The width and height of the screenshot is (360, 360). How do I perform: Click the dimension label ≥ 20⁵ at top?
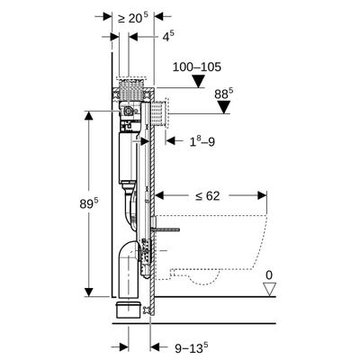[133, 18]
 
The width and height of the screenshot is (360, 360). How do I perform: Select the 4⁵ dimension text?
[168, 36]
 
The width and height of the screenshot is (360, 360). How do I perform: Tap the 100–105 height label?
[197, 67]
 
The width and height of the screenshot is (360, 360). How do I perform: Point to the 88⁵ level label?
[224, 94]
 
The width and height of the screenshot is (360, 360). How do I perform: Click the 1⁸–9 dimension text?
[202, 141]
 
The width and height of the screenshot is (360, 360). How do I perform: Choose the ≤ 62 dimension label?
[208, 196]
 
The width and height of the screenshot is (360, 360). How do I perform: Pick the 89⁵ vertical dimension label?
[89, 203]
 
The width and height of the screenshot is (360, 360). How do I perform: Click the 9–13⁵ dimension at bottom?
[192, 347]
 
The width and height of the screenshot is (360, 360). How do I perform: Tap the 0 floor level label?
[269, 275]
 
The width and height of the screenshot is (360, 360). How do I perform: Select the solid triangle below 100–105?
[198, 81]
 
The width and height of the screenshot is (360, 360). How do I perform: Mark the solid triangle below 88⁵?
[224, 107]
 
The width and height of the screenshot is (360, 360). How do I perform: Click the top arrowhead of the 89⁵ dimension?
[88, 115]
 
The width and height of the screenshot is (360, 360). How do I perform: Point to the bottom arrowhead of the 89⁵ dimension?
[88, 292]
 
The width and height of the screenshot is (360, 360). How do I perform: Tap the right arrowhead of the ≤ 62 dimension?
[262, 196]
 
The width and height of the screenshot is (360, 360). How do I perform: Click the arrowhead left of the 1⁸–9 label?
[170, 140]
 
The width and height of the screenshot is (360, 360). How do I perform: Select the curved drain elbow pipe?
[129, 264]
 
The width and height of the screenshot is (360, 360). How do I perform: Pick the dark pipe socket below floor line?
[128, 309]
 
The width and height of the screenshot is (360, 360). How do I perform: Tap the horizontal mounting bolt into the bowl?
[166, 229]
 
